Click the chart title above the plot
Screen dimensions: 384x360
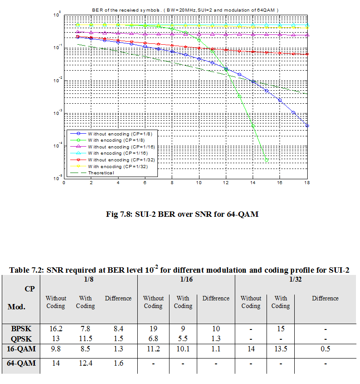pyautogui.click(x=186, y=9)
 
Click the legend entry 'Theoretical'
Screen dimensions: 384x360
pyautogui.click(x=101, y=173)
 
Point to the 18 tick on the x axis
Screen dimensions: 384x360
pyautogui.click(x=307, y=183)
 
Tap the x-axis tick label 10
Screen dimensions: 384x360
pyautogui.click(x=199, y=183)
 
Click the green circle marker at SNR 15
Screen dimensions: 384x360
pyautogui.click(x=267, y=160)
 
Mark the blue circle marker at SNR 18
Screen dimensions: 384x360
pyautogui.click(x=307, y=126)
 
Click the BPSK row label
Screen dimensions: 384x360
pyautogui.click(x=21, y=329)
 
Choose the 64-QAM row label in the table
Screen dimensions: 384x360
pyautogui.click(x=21, y=363)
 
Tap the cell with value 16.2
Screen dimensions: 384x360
pyautogui.click(x=56, y=329)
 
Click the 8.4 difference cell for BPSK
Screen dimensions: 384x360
pyautogui.click(x=118, y=329)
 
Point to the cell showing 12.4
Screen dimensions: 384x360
pyautogui.click(x=85, y=363)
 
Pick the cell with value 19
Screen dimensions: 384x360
pyautogui.click(x=153, y=329)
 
